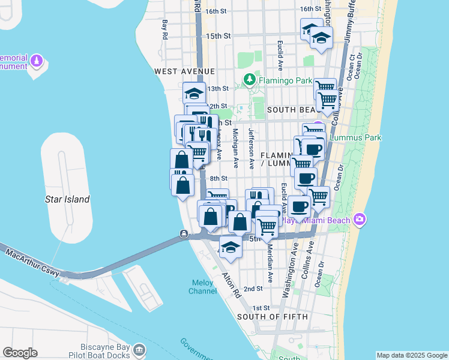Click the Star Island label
click(68, 199)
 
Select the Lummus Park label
click(355, 137)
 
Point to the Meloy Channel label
click(202, 287)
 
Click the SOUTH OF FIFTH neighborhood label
click(272, 316)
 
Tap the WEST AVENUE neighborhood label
click(176, 71)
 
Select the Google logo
click(20, 353)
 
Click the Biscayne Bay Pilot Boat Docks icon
click(139, 349)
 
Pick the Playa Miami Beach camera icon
click(360, 219)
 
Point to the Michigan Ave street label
click(236, 148)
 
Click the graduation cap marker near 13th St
click(194, 93)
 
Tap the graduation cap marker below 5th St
click(230, 246)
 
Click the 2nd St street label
click(257, 289)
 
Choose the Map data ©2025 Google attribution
click(412, 355)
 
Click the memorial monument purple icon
click(37, 61)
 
